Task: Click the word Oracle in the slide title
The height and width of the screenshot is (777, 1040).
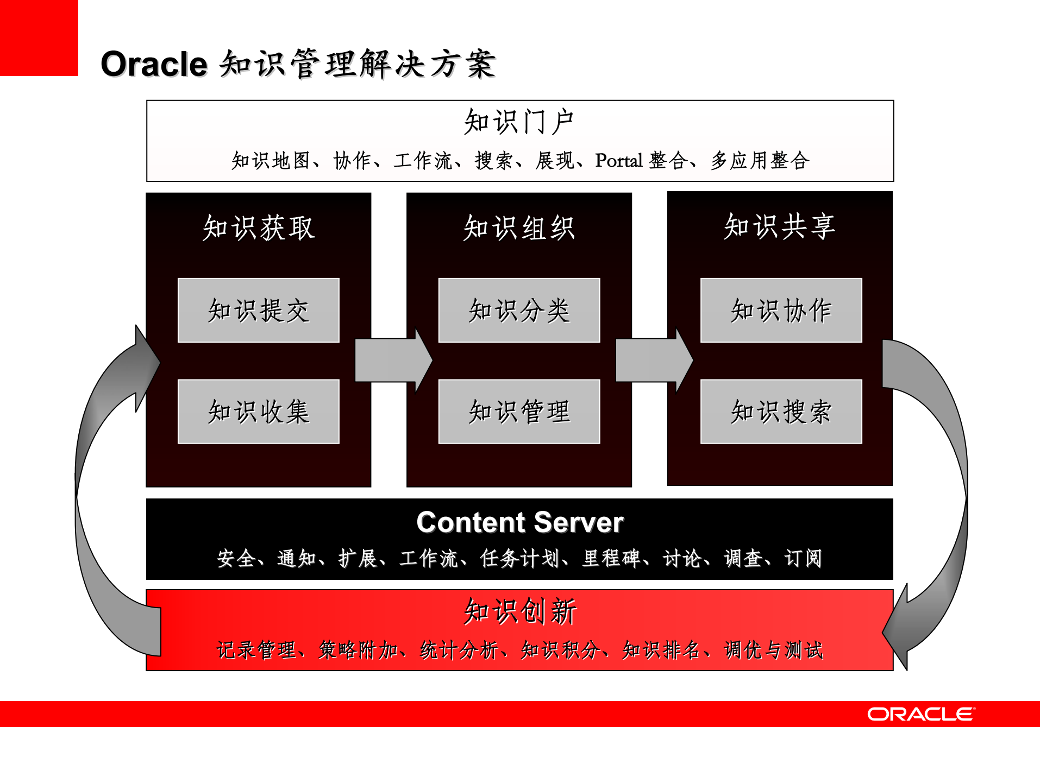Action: tap(154, 64)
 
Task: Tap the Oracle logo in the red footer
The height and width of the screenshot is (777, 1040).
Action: tap(921, 714)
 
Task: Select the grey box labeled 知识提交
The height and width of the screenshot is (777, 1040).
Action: tap(259, 311)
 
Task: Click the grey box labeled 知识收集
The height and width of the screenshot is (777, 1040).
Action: tap(259, 412)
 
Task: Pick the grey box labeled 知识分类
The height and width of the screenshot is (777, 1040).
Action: tap(519, 311)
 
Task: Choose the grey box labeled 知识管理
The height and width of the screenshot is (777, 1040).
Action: tap(519, 412)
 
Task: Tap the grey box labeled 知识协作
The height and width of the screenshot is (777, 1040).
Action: tap(781, 311)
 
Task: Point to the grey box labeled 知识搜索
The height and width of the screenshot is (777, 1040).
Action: tap(781, 412)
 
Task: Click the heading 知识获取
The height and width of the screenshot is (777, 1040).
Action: tap(259, 228)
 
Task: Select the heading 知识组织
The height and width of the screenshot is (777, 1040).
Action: tap(519, 228)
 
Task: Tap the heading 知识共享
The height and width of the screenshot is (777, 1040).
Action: tap(780, 226)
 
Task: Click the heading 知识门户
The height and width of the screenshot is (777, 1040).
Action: tap(519, 121)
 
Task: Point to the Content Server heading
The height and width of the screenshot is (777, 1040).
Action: tap(519, 522)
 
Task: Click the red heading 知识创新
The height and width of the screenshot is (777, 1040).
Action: tap(520, 611)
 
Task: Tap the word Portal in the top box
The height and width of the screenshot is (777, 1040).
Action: tap(619, 161)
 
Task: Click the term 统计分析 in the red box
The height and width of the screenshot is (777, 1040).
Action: tap(459, 650)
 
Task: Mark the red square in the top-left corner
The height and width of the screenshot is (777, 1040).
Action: tap(39, 37)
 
